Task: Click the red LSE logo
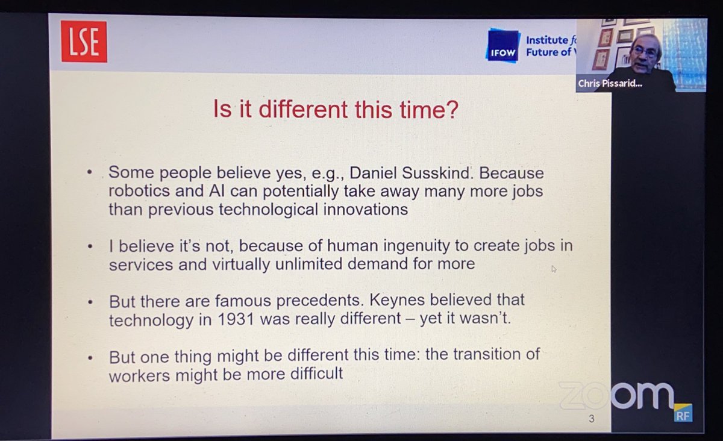tap(84, 41)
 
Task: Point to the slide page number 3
tap(592, 419)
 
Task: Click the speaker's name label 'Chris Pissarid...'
tap(609, 84)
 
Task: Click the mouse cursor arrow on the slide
tap(554, 269)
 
